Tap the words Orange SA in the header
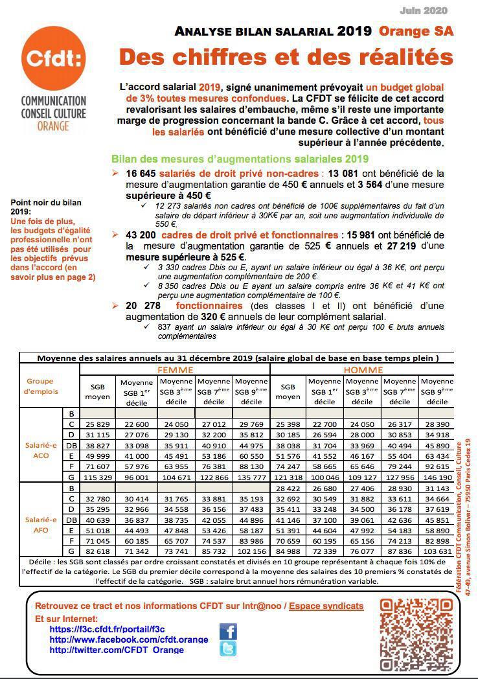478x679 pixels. [x=416, y=31]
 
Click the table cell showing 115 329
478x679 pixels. [x=97, y=476]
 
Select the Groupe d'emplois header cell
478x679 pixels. [x=40, y=386]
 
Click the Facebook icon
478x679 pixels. [x=228, y=631]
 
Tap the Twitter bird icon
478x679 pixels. [x=228, y=649]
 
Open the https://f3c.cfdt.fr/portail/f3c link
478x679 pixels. [x=107, y=629]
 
